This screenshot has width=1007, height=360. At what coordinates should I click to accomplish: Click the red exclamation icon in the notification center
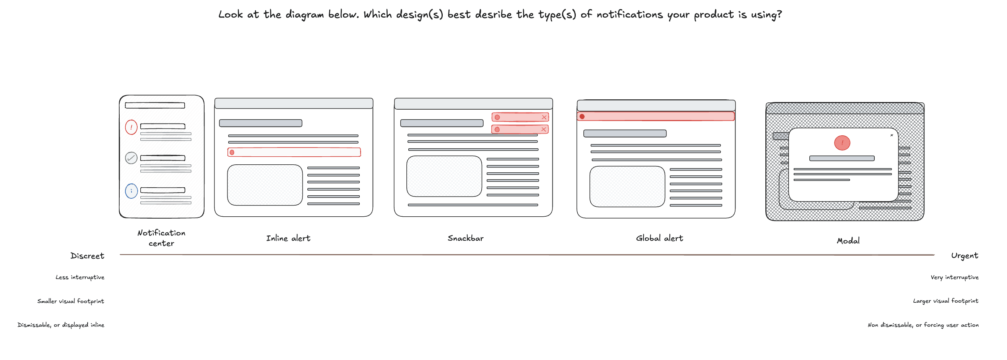pos(131,127)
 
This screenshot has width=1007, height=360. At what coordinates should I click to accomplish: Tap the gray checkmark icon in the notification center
pos(131,158)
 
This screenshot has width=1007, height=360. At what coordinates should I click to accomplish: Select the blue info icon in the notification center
pos(131,191)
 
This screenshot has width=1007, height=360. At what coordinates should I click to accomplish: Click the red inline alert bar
pos(294,152)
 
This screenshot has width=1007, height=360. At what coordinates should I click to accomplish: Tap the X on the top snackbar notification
pos(544,117)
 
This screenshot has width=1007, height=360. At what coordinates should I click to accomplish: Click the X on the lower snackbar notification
pos(543,130)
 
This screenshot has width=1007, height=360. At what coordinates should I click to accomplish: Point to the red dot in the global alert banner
pos(582,117)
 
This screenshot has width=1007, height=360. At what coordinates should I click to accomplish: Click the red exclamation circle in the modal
pos(842,143)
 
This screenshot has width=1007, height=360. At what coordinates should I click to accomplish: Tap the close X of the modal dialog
pos(892,135)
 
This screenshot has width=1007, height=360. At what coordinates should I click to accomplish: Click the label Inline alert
pos(288,238)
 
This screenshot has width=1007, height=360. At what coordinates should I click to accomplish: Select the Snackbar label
pos(465,238)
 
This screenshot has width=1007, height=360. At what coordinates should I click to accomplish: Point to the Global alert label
pos(659,238)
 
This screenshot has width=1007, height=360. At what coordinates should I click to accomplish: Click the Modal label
pos(848,241)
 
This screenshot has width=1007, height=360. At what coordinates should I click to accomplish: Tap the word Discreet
pos(87,256)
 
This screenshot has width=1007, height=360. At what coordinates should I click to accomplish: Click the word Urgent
pos(965,256)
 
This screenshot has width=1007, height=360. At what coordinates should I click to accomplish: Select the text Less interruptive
pos(80,277)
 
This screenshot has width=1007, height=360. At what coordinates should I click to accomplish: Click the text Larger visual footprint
pos(945,301)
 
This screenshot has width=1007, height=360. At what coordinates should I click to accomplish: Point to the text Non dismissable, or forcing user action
pos(923,325)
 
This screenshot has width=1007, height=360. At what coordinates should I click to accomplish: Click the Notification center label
pos(161,238)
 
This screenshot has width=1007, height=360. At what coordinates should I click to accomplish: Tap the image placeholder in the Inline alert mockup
pos(265,185)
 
